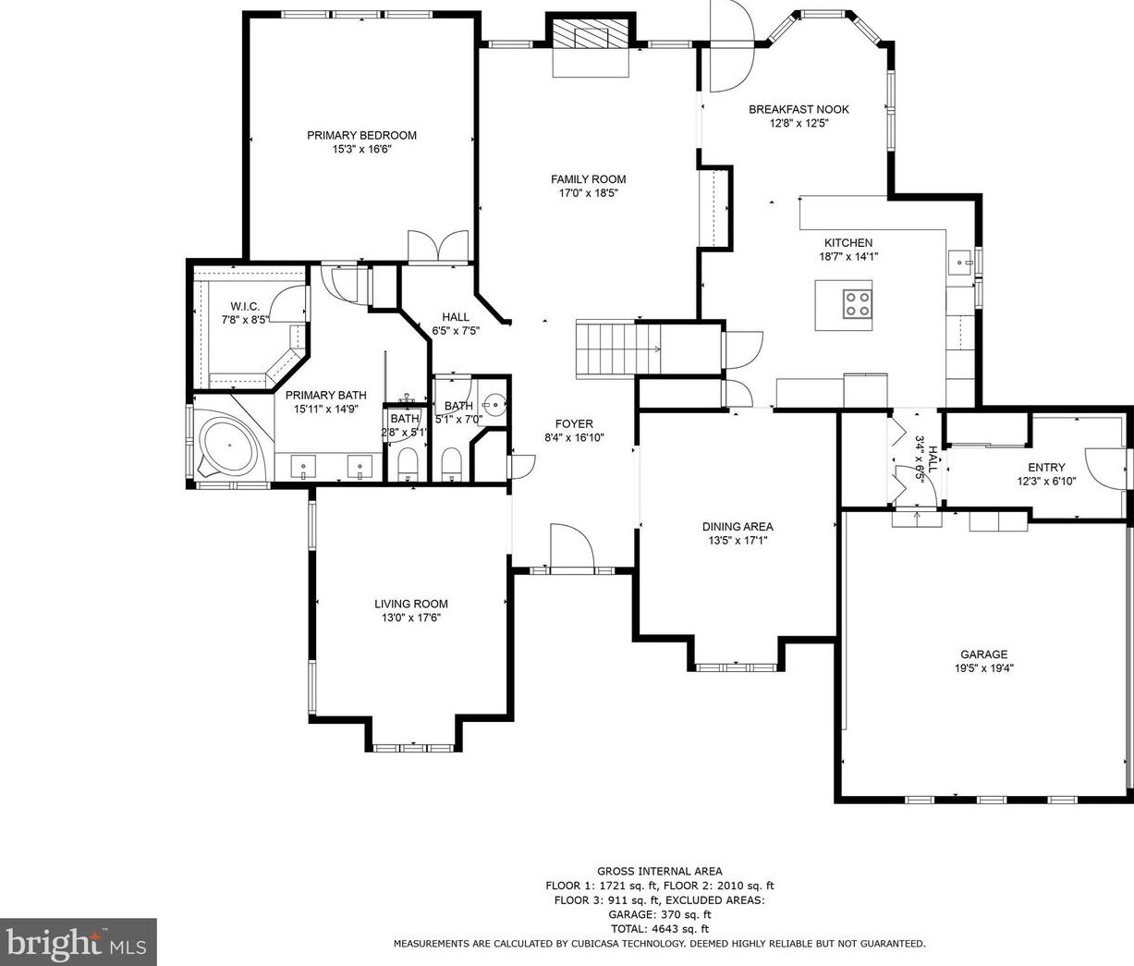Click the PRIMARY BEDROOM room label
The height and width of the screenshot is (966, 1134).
[361, 135]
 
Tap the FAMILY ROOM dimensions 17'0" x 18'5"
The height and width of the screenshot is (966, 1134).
[588, 192]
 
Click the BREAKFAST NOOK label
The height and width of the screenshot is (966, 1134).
[799, 109]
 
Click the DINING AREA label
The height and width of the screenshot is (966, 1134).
[738, 526]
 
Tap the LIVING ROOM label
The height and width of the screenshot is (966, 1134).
[411, 604]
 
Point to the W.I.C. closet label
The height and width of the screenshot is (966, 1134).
[245, 306]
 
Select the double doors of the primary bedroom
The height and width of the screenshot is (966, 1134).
[438, 247]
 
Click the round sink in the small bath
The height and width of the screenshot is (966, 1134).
[495, 405]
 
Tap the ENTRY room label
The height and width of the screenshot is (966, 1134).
[1046, 468]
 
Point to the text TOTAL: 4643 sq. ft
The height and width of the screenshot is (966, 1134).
[660, 929]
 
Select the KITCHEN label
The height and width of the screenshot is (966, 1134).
[848, 242]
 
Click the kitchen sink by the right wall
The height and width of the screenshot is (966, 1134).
[960, 263]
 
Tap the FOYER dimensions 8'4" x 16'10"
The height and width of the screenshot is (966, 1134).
[574, 437]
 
